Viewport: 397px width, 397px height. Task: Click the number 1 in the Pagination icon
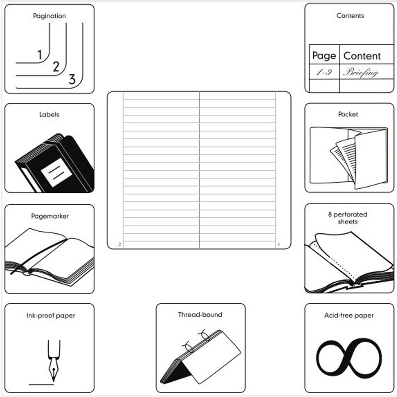tap(40, 55)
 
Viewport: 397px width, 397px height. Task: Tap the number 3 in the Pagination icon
tap(72, 79)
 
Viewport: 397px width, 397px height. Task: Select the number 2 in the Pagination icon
tap(56, 67)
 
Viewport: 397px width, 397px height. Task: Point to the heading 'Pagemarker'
tap(50, 216)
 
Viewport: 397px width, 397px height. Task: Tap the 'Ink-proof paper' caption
tap(51, 315)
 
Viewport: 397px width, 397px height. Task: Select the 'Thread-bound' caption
tap(200, 315)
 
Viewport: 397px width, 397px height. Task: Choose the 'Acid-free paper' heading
tap(349, 315)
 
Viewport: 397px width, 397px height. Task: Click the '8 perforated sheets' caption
tap(348, 218)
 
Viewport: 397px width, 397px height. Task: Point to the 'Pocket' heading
tap(348, 114)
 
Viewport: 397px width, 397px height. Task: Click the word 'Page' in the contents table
tap(324, 56)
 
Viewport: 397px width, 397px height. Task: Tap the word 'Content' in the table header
tap(362, 56)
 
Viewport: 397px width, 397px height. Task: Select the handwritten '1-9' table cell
tap(324, 72)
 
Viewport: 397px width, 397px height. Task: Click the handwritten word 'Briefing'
tap(361, 73)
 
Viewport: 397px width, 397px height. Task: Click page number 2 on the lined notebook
tap(120, 244)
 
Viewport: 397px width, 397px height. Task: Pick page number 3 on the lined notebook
tap(278, 244)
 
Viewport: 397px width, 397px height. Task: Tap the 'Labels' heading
tap(49, 115)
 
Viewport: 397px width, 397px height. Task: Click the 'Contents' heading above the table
tap(350, 16)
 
